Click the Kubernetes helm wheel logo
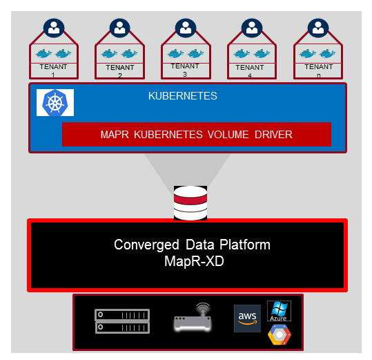[x=55, y=102]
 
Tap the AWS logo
[x=247, y=319]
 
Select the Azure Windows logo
[x=279, y=311]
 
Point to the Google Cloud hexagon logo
[x=280, y=334]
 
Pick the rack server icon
[x=122, y=321]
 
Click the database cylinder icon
[x=190, y=203]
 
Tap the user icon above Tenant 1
[x=54, y=28]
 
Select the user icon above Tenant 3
[x=186, y=28]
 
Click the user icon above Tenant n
[x=318, y=28]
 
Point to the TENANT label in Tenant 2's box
[x=120, y=68]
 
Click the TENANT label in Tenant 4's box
[x=250, y=68]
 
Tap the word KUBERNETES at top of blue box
[x=183, y=96]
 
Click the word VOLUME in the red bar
[x=228, y=135]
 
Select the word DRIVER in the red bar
[x=273, y=135]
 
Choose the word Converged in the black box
[x=146, y=245]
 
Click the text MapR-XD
[x=194, y=261]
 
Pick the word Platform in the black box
[x=245, y=245]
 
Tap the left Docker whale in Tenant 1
[x=43, y=53]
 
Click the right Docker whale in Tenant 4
[x=262, y=53]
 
